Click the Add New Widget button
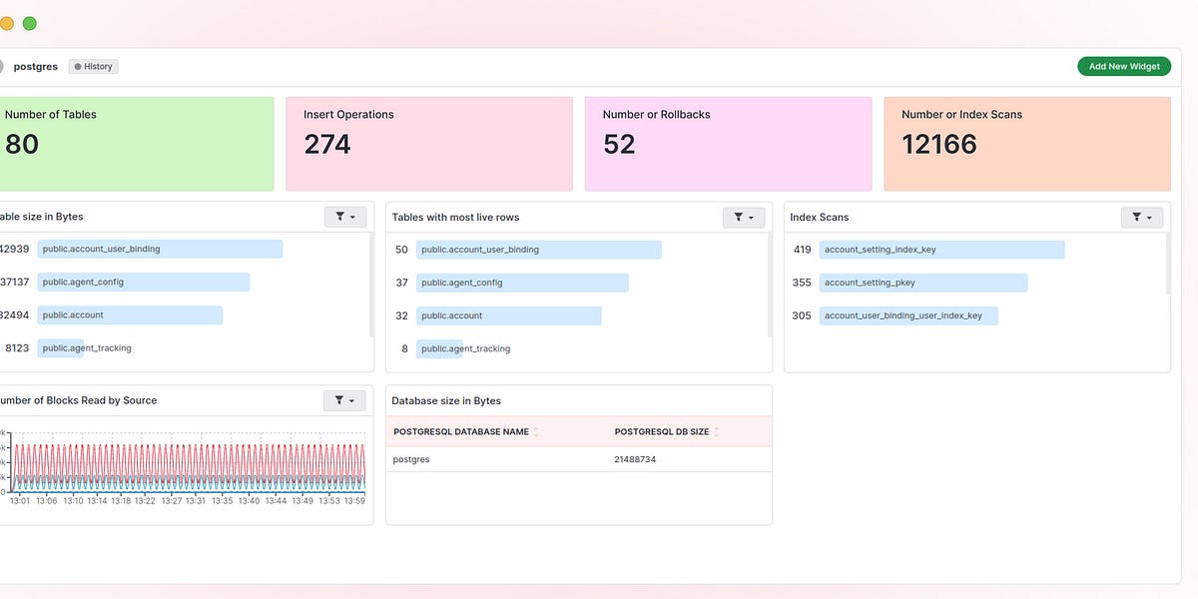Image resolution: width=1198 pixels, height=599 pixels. (x=1123, y=67)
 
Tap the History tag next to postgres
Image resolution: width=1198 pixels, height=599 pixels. (x=94, y=67)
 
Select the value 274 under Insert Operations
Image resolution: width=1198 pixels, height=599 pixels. (x=327, y=145)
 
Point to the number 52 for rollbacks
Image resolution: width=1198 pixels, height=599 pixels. (x=619, y=145)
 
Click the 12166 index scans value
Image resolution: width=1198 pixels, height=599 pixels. (x=939, y=145)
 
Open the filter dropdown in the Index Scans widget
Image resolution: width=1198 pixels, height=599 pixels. (x=1142, y=217)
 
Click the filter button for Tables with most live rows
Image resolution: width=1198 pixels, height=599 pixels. (x=744, y=217)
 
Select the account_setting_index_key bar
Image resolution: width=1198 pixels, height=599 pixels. (x=941, y=250)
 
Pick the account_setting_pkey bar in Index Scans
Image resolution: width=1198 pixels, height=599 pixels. (x=923, y=283)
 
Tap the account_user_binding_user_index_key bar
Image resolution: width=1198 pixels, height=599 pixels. (x=908, y=315)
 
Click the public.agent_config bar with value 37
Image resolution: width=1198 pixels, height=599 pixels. (x=522, y=283)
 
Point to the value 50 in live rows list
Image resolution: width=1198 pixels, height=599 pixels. (x=401, y=250)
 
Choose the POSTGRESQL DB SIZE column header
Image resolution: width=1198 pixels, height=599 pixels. (x=662, y=431)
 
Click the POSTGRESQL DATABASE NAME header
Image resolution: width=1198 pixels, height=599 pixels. (x=461, y=431)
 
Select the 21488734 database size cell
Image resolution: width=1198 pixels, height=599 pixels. (x=635, y=459)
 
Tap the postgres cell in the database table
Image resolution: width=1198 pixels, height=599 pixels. (x=411, y=459)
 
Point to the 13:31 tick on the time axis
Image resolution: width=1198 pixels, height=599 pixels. (x=196, y=501)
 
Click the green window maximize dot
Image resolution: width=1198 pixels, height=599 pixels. (x=30, y=23)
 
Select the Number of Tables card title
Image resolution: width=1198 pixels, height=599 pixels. (x=51, y=115)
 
